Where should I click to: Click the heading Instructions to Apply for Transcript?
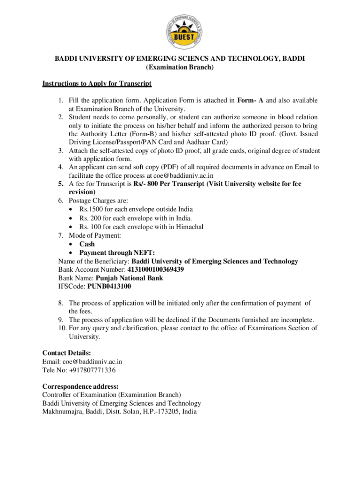point(97,84)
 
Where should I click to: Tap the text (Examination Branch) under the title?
point(180,68)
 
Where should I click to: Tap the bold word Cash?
point(87,244)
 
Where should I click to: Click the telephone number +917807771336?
point(90,370)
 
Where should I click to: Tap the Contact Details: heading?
point(66,353)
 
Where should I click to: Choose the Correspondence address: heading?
point(80,387)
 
